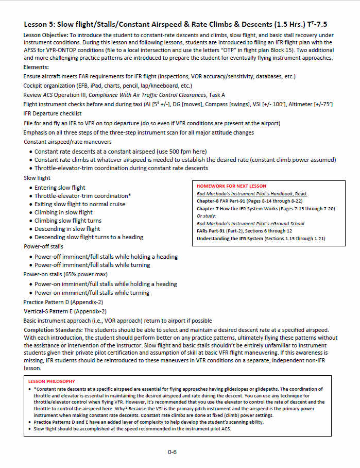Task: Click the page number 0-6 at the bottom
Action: [x=172, y=452]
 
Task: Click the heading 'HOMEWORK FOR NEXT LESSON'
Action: [x=231, y=186]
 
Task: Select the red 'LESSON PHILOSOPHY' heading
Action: [x=51, y=381]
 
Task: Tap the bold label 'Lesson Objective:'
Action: [x=46, y=35]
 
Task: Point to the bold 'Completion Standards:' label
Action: [x=53, y=329]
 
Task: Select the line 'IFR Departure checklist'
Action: [x=53, y=113]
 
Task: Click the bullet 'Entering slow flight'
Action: [x=60, y=188]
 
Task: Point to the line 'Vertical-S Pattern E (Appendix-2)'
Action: [x=65, y=311]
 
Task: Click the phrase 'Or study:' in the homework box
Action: [x=207, y=216]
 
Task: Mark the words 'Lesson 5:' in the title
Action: [x=39, y=24]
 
